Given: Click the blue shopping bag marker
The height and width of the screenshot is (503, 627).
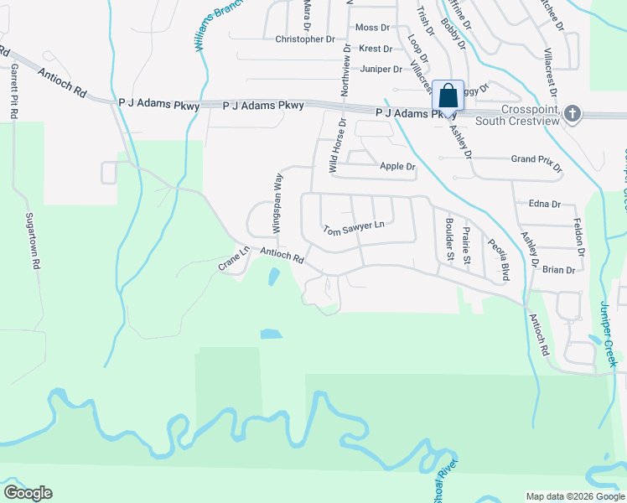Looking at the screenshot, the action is [x=448, y=96].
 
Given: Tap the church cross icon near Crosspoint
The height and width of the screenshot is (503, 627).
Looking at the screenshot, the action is [x=573, y=113].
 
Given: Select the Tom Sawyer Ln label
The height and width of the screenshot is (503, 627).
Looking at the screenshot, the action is [x=354, y=227].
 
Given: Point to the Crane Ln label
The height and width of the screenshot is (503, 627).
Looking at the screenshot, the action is [x=235, y=258].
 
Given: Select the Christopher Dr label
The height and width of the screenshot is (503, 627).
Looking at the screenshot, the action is [x=305, y=39].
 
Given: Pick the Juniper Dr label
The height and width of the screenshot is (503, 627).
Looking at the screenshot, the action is [x=381, y=69].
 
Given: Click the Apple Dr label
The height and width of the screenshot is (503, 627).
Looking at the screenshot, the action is [x=398, y=167].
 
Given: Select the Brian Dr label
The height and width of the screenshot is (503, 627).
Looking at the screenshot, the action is [x=559, y=270].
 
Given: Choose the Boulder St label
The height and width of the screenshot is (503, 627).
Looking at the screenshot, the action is [x=450, y=240].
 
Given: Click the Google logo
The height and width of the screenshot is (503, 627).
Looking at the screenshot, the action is [x=28, y=493].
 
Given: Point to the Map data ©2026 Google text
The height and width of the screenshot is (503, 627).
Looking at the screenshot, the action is [x=574, y=496].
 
